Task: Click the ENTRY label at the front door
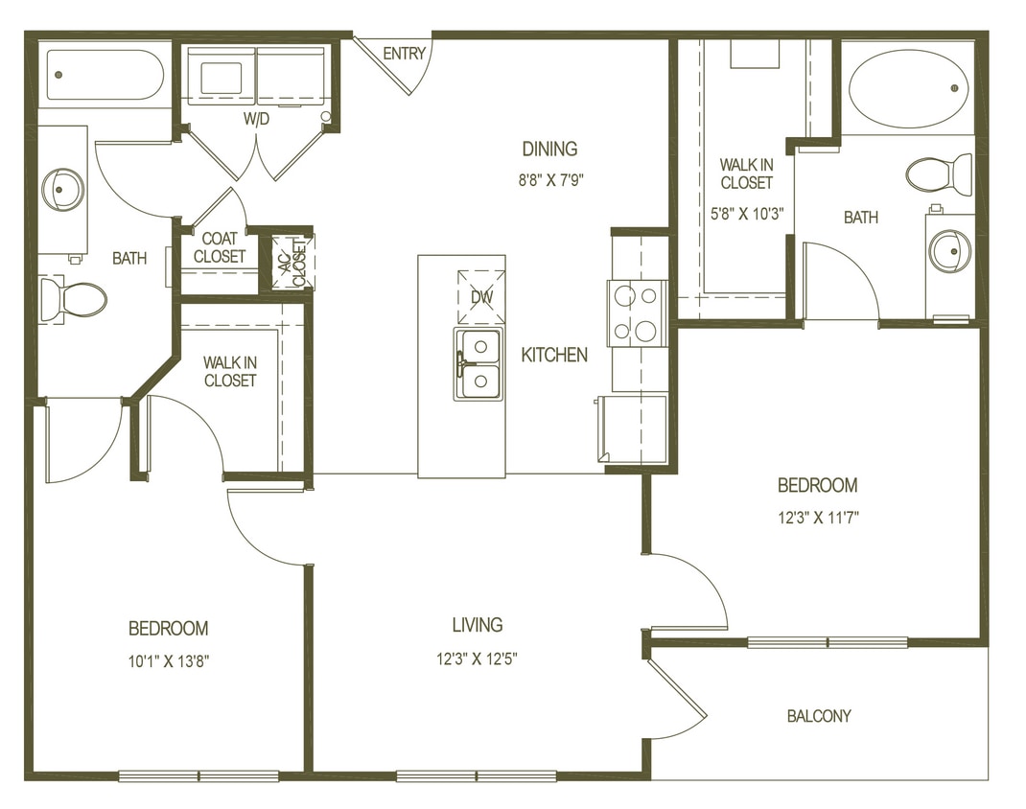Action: pos(404,54)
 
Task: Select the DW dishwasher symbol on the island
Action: pos(480,297)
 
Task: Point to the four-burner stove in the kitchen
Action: pos(638,312)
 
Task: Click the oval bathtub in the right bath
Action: pos(907,88)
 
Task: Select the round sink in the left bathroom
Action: pos(63,189)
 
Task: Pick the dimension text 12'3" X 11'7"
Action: pos(817,518)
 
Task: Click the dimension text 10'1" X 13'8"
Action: pos(168,660)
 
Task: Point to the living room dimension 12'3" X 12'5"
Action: pos(477,658)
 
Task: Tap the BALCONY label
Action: pos(818,716)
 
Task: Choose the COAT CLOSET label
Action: pos(220,248)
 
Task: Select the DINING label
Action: pos(549,149)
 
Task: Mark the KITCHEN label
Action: pos(554,355)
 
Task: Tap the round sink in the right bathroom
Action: pos(949,251)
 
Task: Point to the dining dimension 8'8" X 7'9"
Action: pos(549,177)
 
